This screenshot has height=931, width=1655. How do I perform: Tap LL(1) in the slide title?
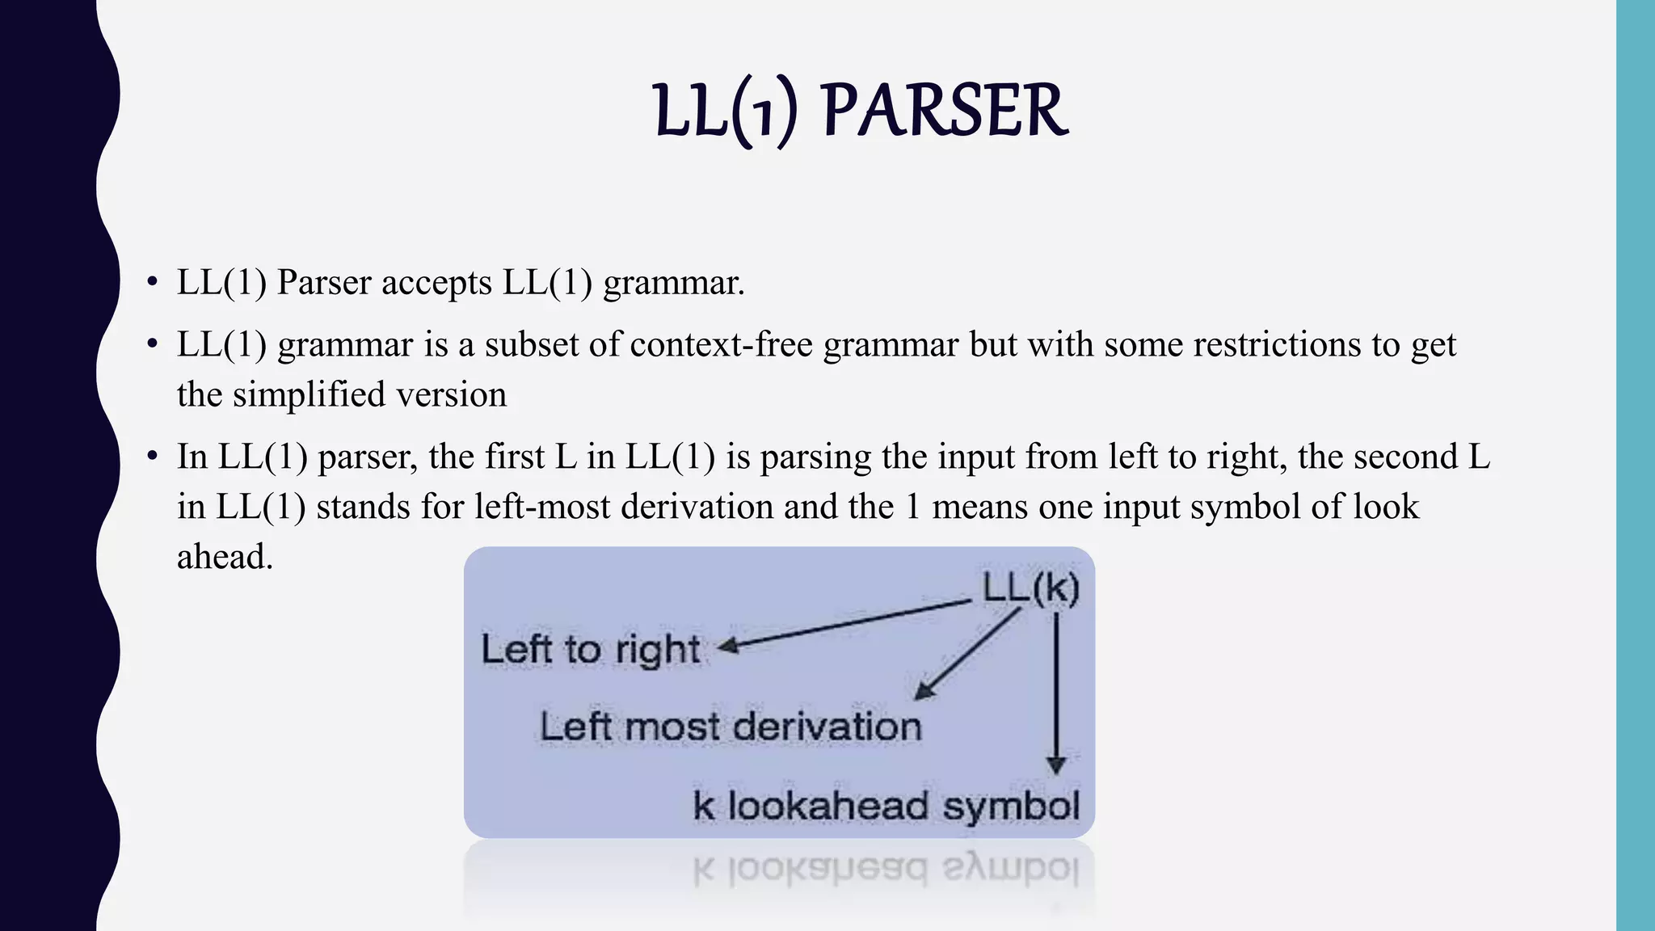pyautogui.click(x=726, y=112)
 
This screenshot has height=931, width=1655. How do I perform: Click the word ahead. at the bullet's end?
pyautogui.click(x=225, y=557)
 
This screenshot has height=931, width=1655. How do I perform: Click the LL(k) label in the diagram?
pyautogui.click(x=1030, y=588)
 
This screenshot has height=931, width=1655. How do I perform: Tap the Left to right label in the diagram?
pyautogui.click(x=591, y=650)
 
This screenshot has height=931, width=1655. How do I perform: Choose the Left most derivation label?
pyautogui.click(x=731, y=727)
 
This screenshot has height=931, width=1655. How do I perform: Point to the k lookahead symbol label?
pyautogui.click(x=886, y=806)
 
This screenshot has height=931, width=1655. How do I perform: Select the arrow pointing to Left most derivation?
pyautogui.click(x=968, y=654)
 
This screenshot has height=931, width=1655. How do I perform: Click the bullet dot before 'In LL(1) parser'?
pyautogui.click(x=152, y=457)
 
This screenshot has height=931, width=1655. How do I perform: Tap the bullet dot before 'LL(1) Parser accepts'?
pyautogui.click(x=152, y=283)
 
